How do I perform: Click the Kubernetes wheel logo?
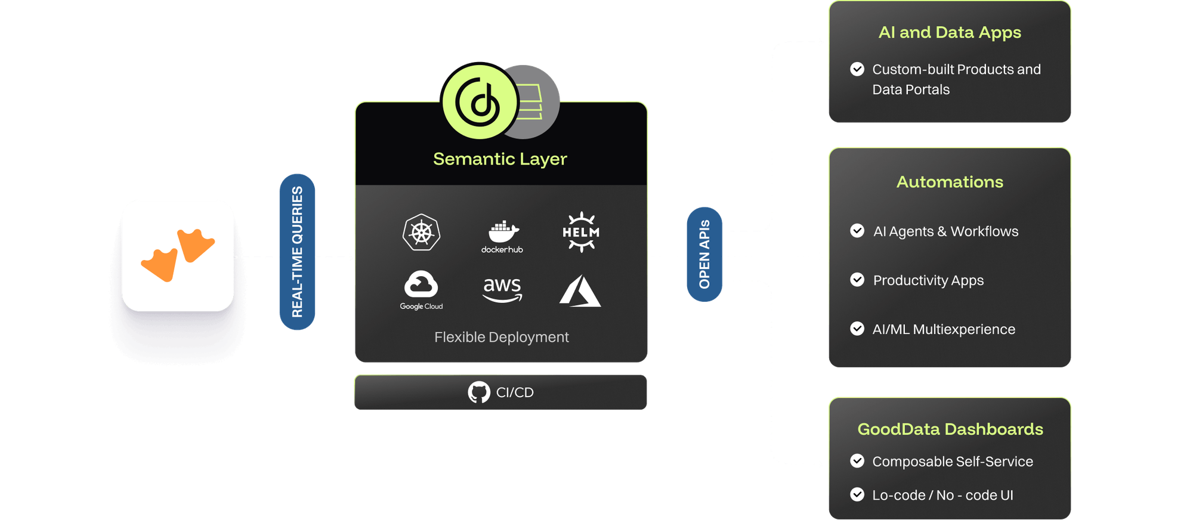click(421, 233)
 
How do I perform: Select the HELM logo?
click(581, 232)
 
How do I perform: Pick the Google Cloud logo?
click(421, 290)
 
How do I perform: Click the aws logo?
click(502, 290)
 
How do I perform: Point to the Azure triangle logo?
click(580, 291)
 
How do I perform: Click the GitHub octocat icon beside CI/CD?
click(479, 392)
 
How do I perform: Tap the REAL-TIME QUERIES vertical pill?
click(297, 252)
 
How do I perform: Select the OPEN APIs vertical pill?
click(704, 255)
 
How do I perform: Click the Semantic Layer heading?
click(500, 159)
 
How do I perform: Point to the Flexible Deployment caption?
click(501, 338)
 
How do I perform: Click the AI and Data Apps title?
click(950, 32)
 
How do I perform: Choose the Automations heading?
click(950, 182)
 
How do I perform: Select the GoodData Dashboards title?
click(950, 429)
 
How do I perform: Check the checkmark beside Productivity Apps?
click(857, 280)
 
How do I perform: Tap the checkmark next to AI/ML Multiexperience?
click(857, 329)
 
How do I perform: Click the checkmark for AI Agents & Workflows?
click(857, 231)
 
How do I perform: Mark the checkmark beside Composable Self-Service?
click(857, 461)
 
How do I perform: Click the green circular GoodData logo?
click(480, 101)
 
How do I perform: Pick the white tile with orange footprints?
click(178, 255)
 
